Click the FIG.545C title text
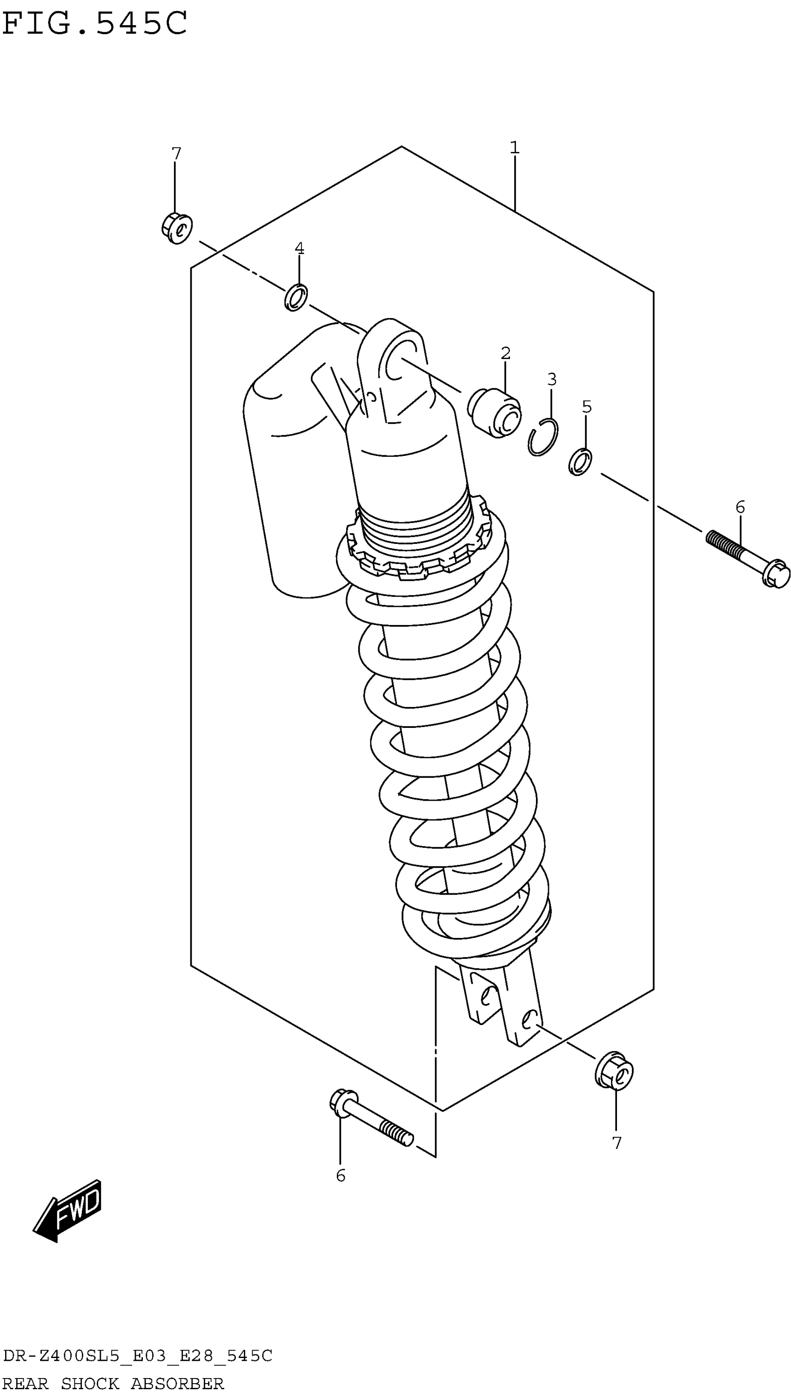coord(94,23)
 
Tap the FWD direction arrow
coord(68,1210)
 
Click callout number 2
coord(505,353)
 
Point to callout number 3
coord(551,379)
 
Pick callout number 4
coord(299,249)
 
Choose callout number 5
coord(587,407)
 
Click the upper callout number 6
coord(740,507)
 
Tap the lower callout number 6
coord(341,1175)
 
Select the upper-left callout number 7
coord(176,154)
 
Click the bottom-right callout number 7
coord(616,1143)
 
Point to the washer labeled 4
coord(295,298)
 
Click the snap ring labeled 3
coord(542,437)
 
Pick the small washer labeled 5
coord(580,462)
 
